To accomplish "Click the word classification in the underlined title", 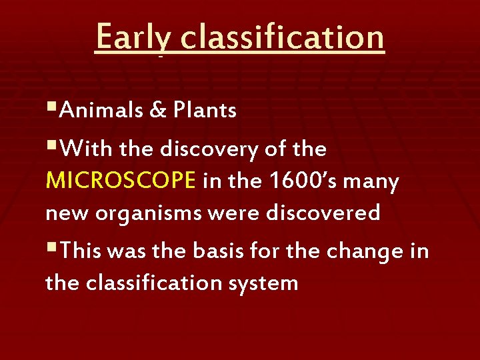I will tap(282, 37).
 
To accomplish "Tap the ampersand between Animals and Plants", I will tap(159, 110).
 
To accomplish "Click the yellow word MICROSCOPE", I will tap(121, 181).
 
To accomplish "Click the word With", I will tap(87, 150).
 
